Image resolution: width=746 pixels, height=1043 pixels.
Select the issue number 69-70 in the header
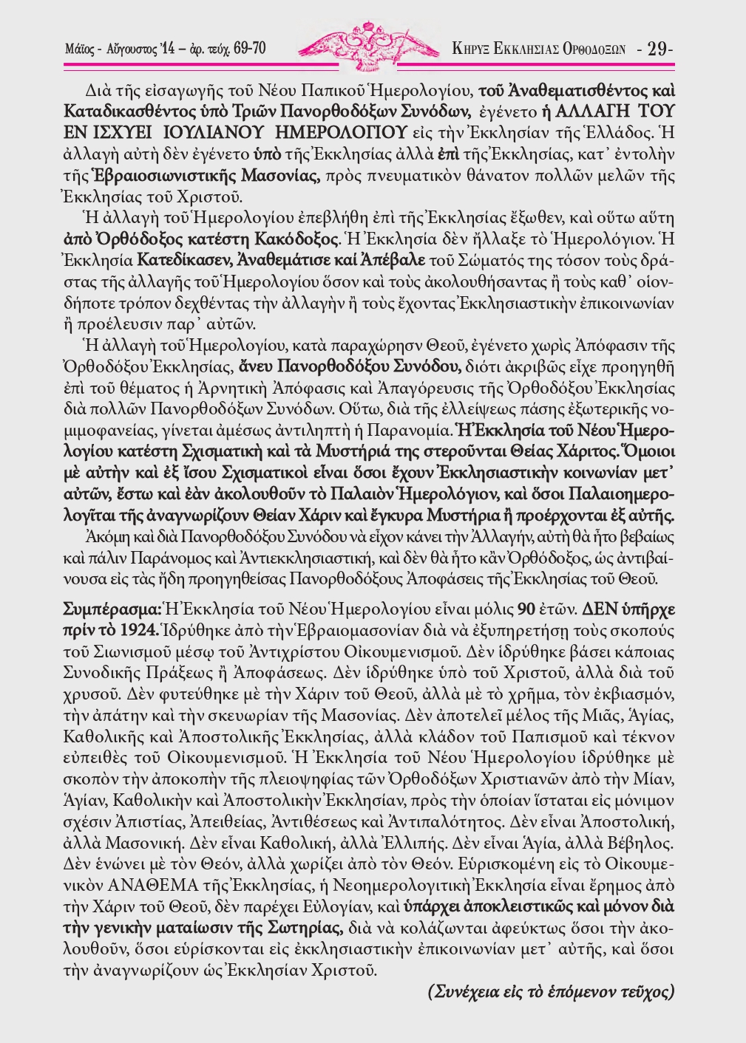249,49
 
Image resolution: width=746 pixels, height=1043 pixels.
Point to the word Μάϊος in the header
79,49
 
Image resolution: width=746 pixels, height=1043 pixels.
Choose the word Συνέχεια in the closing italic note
465,992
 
